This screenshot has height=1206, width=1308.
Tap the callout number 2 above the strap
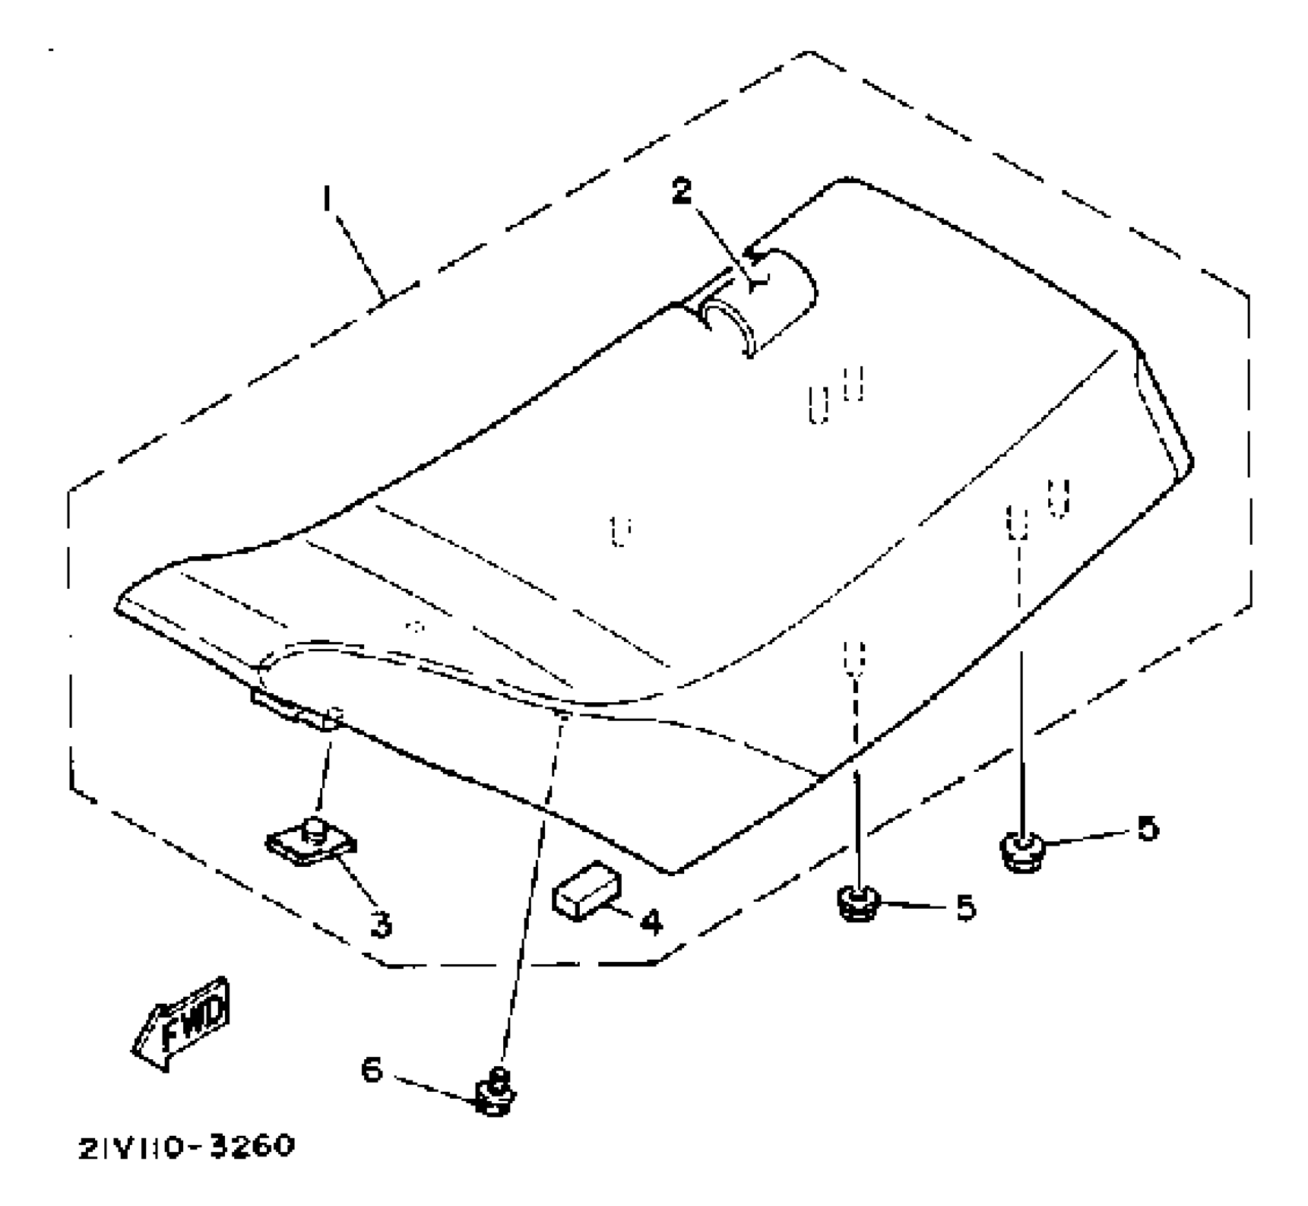[681, 191]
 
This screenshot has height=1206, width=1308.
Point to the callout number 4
[650, 922]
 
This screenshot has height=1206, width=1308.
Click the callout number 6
[372, 1070]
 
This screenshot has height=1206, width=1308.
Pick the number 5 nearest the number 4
[965, 908]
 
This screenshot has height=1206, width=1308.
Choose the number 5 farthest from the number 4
[1147, 829]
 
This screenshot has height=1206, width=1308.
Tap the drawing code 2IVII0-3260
[185, 1146]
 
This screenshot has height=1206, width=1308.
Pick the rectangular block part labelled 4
[586, 890]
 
